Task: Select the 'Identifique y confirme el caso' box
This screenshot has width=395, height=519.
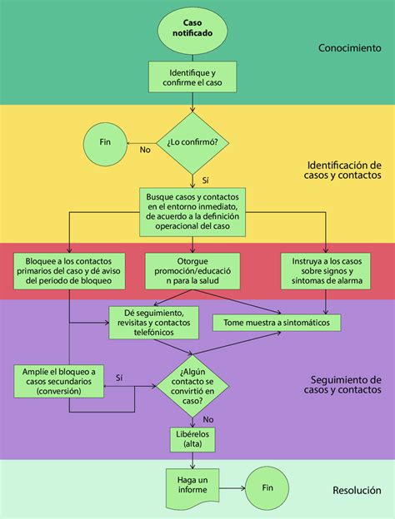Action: (x=192, y=77)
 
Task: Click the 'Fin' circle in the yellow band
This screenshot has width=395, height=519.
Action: (x=105, y=141)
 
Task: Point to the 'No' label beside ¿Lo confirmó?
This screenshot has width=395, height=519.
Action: (x=144, y=150)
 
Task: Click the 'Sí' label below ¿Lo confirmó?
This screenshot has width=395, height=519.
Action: (x=205, y=177)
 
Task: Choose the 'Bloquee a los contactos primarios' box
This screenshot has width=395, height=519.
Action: (x=69, y=270)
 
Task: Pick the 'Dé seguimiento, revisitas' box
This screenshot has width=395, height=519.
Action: (x=152, y=323)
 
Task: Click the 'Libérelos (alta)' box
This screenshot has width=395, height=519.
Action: (x=193, y=440)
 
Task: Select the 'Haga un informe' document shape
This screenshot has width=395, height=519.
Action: (x=192, y=485)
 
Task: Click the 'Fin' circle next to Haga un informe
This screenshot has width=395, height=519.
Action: (x=267, y=488)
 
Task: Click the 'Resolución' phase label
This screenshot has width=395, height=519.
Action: (x=355, y=491)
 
